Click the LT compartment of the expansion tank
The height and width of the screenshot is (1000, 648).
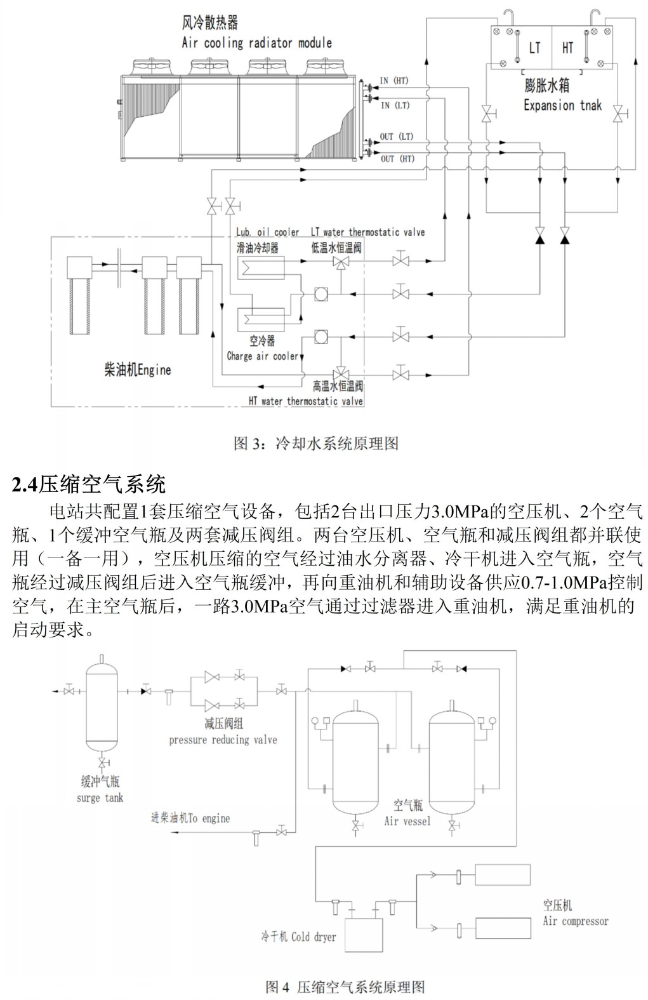coord(521,48)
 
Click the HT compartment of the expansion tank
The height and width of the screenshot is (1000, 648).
coord(583,48)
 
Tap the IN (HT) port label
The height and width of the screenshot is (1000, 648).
coord(394,81)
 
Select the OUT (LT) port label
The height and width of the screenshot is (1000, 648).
coord(397,137)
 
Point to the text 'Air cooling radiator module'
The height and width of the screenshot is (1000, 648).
coord(256,43)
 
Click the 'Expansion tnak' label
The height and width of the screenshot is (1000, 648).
coord(562,105)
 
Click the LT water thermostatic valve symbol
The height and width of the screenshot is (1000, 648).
coord(341,262)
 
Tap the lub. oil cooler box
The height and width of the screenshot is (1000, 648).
coord(261,267)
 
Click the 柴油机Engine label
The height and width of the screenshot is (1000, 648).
coord(138,370)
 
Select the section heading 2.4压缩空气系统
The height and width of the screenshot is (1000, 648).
coord(89,484)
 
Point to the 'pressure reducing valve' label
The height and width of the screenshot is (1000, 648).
coord(223,740)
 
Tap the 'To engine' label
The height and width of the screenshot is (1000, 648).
coord(209,818)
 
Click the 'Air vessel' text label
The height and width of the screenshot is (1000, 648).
coord(407,820)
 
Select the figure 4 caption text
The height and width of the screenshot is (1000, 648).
coord(345,987)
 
